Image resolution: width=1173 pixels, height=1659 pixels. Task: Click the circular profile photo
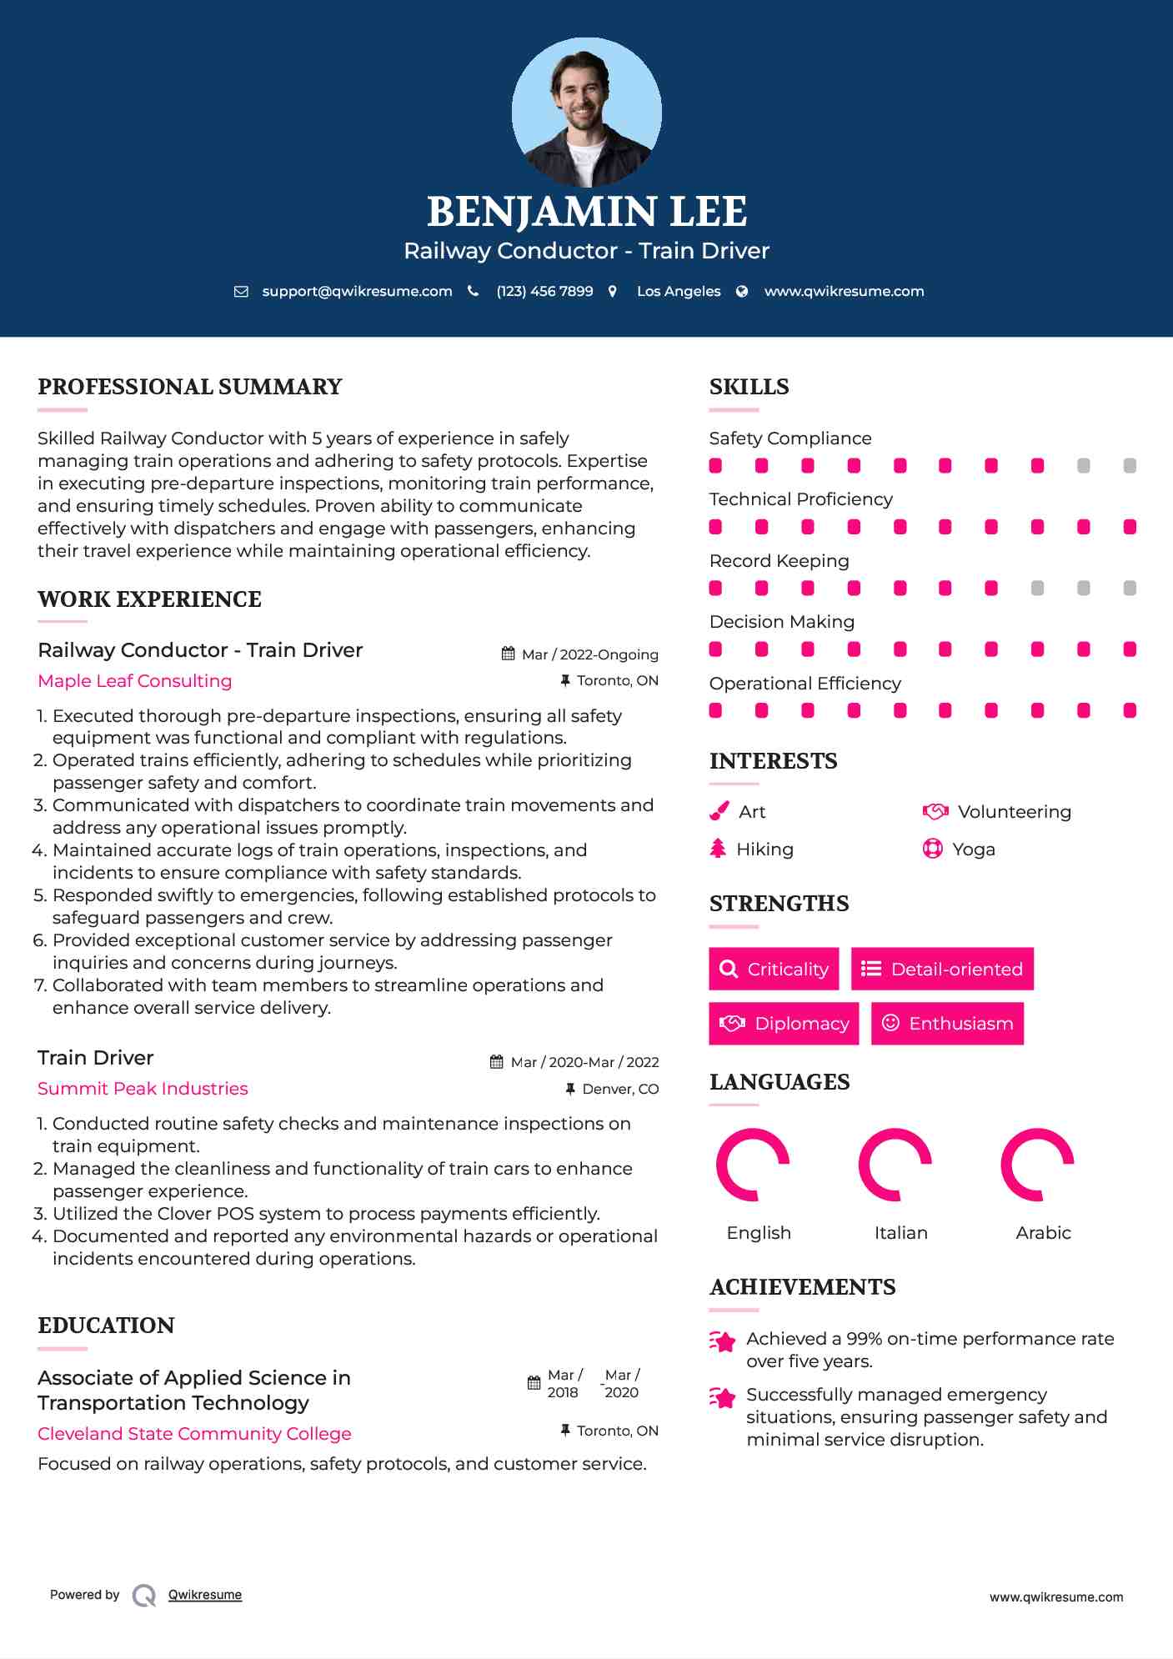(586, 112)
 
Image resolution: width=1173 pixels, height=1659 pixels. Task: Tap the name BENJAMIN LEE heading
(586, 212)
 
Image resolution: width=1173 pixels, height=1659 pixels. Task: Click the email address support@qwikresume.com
(357, 291)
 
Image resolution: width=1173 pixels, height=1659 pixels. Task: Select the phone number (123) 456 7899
(544, 291)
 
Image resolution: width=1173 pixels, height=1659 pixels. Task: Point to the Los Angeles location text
(679, 291)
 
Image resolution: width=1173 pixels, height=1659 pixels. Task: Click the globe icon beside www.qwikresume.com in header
(742, 291)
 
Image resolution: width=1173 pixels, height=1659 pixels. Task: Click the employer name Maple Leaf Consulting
(135, 681)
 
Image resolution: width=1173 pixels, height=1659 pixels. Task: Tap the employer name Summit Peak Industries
(143, 1089)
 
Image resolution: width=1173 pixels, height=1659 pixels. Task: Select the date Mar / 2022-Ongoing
(589, 654)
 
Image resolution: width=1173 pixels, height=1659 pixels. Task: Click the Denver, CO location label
(620, 1089)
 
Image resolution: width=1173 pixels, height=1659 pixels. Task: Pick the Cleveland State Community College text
(194, 1434)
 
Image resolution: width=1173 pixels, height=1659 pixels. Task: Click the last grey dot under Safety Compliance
(1130, 466)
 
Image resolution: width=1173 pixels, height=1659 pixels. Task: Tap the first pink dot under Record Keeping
(715, 589)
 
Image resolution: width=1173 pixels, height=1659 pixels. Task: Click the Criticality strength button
(774, 969)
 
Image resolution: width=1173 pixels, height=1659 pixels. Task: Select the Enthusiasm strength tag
(947, 1023)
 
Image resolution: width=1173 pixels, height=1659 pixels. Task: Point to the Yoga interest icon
(933, 849)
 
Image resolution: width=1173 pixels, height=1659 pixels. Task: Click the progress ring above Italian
(895, 1165)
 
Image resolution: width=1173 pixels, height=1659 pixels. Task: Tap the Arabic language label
(1043, 1233)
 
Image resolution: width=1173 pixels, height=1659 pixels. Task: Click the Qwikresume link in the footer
(205, 1595)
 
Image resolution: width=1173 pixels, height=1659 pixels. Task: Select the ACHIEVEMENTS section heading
(802, 1287)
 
